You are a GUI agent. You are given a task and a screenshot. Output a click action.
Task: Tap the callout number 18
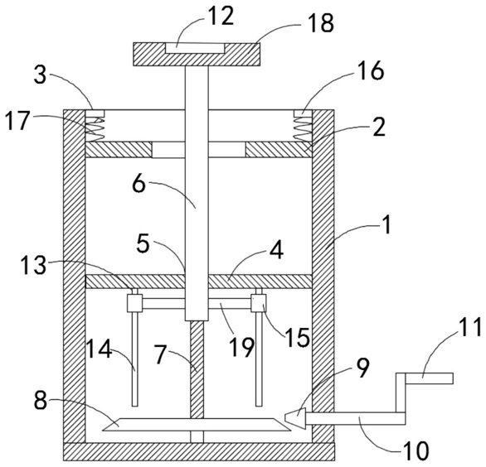click(320, 22)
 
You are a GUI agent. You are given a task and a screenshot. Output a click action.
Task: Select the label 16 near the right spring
click(372, 70)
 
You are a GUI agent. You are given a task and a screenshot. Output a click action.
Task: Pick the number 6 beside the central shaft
click(139, 185)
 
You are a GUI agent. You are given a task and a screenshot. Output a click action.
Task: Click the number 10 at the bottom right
click(416, 450)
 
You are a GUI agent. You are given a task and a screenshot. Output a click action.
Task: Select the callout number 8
click(41, 401)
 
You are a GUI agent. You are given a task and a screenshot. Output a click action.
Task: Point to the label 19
click(242, 347)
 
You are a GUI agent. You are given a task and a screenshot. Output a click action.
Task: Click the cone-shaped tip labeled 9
click(295, 418)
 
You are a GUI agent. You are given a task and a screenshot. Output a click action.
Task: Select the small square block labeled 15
click(259, 303)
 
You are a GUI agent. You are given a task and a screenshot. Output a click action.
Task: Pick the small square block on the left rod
click(134, 303)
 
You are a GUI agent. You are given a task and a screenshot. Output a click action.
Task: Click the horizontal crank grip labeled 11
click(430, 378)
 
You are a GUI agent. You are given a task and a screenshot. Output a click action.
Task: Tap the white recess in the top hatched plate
click(195, 48)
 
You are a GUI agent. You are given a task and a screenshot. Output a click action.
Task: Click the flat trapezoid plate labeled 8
click(197, 425)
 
